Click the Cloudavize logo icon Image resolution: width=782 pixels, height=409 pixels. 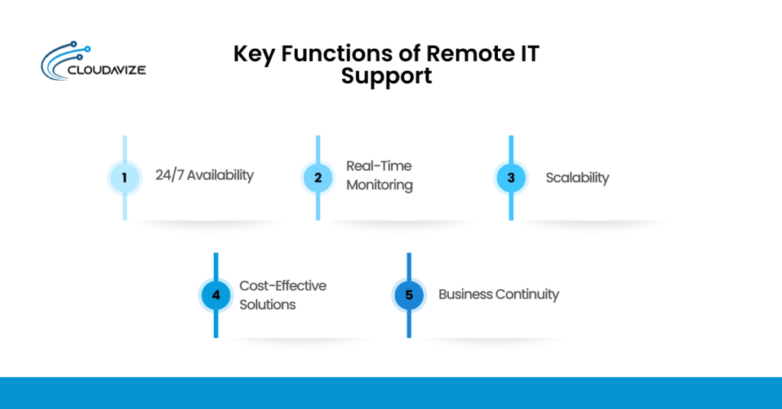(x=63, y=60)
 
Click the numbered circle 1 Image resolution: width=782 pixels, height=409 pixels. (x=124, y=178)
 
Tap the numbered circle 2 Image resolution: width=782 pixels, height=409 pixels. (x=318, y=178)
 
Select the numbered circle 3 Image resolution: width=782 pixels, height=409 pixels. (x=511, y=178)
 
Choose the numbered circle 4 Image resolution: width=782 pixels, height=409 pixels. (x=216, y=295)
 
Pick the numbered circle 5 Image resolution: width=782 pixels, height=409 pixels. (x=409, y=295)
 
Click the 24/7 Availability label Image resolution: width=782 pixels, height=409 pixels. (x=204, y=176)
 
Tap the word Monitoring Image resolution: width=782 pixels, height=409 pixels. (x=380, y=185)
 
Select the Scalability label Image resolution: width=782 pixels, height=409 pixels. (x=577, y=178)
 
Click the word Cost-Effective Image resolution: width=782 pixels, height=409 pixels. (x=283, y=285)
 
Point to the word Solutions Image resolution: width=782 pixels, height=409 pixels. (x=267, y=304)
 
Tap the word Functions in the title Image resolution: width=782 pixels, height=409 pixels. (x=334, y=55)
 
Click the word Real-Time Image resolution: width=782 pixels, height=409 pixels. (x=379, y=166)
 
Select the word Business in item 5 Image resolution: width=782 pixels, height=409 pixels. (x=465, y=295)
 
